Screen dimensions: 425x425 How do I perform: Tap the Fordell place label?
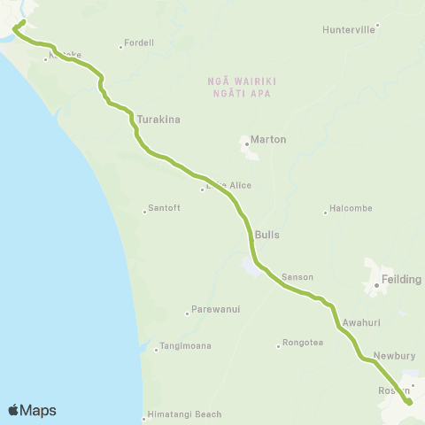pyautogui.click(x=139, y=42)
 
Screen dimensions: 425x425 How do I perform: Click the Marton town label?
pyautogui.click(x=269, y=140)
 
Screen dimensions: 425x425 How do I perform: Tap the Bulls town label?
pyautogui.click(x=267, y=236)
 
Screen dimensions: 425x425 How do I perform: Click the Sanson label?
pyautogui.click(x=297, y=277)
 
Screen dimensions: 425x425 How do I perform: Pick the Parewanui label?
pyautogui.click(x=211, y=311)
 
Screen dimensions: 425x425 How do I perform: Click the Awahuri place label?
pyautogui.click(x=360, y=324)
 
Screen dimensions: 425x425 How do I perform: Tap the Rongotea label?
pyautogui.click(x=302, y=344)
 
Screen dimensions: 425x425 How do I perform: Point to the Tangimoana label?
pyautogui.click(x=185, y=346)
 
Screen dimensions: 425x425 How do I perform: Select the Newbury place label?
pyautogui.click(x=394, y=356)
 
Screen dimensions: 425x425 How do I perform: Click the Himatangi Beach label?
pyautogui.click(x=185, y=414)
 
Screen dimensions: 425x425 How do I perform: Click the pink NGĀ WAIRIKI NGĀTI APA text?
pyautogui.click(x=242, y=86)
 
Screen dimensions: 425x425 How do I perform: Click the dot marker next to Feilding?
pyautogui.click(x=376, y=285)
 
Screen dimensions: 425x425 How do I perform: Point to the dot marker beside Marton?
pyautogui.click(x=246, y=140)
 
